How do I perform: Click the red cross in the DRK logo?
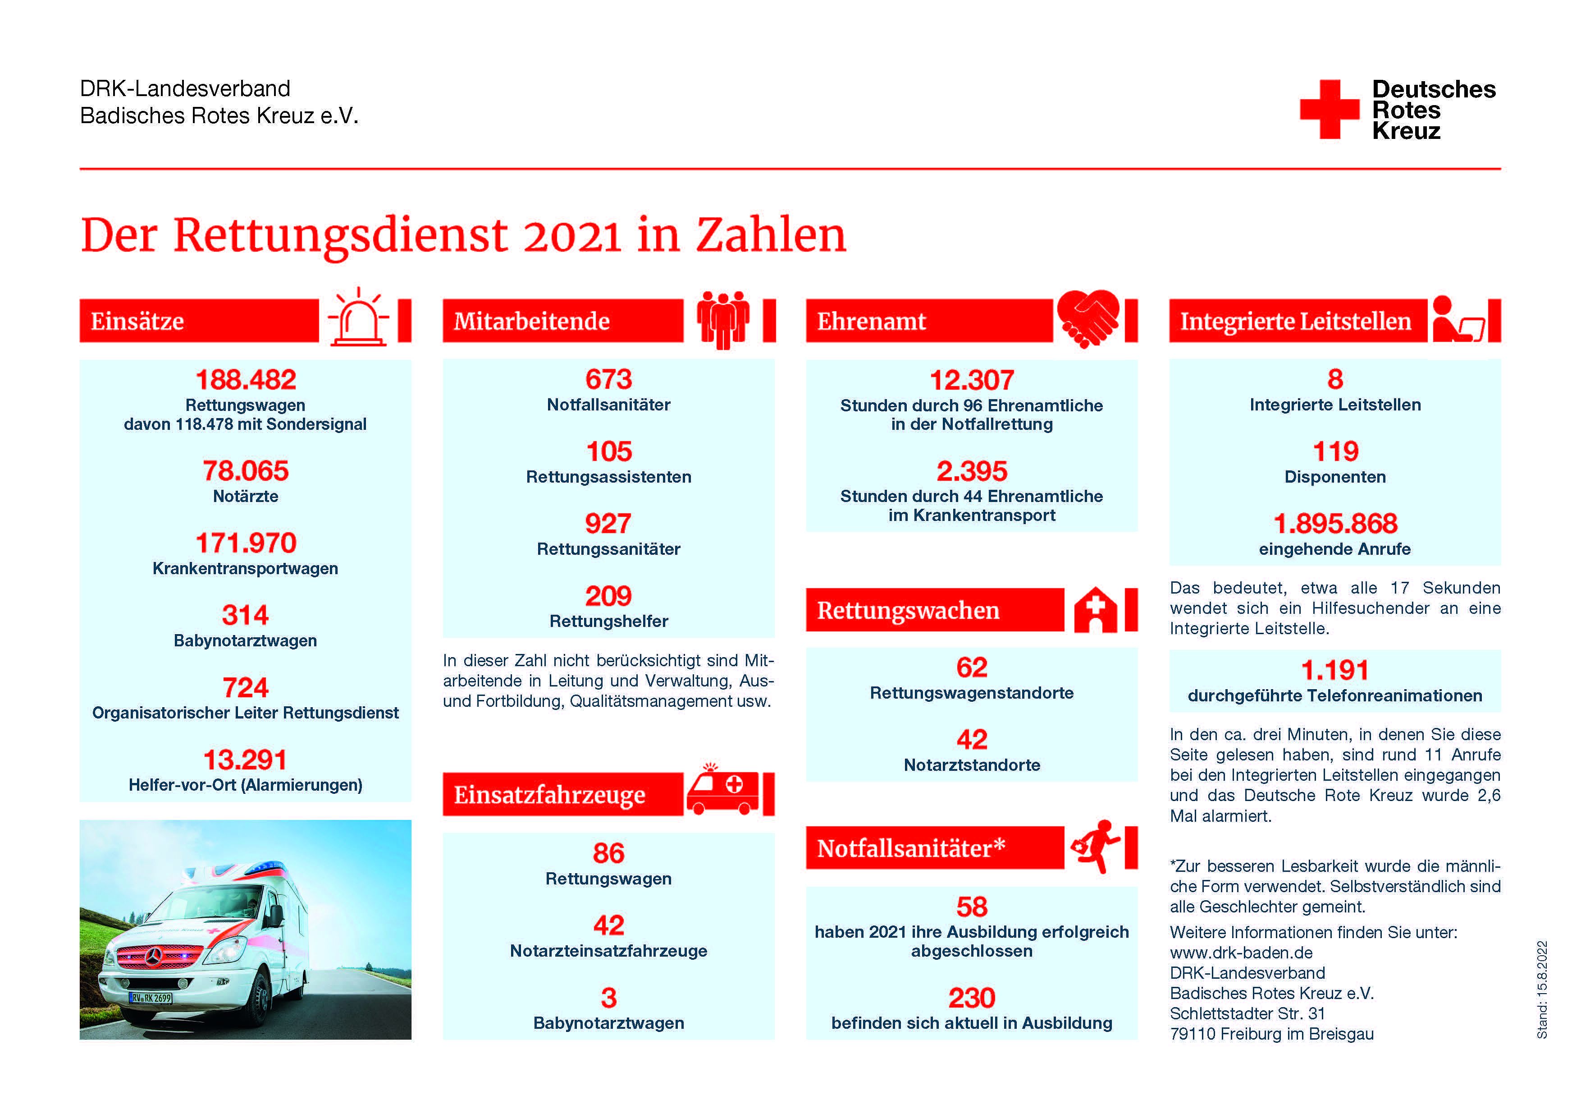tap(1329, 110)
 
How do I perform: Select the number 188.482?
tap(246, 380)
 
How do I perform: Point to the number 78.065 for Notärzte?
tap(246, 471)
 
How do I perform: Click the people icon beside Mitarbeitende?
tap(722, 320)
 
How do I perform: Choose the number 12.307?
tap(972, 380)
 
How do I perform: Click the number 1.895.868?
tap(1335, 524)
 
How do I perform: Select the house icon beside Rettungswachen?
tap(1096, 610)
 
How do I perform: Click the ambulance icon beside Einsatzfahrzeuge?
tap(722, 790)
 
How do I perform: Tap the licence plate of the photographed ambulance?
tap(151, 997)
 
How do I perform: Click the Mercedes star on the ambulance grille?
tap(154, 956)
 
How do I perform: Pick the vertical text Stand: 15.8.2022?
tap(1542, 990)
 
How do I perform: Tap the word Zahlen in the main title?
tap(771, 235)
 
